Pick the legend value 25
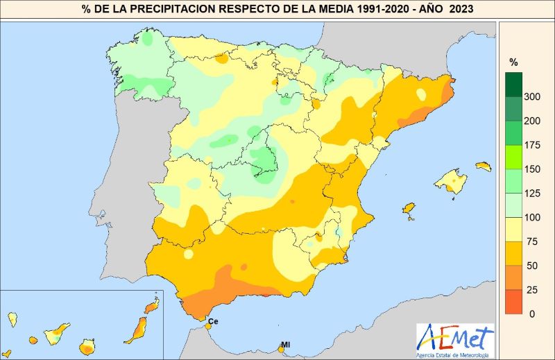click(530, 289)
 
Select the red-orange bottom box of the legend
click(513, 302)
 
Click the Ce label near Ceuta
click(213, 321)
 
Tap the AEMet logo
click(455, 338)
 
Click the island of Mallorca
click(451, 181)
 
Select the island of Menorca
click(483, 166)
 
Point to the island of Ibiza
click(409, 208)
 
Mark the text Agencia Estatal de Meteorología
click(455, 354)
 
